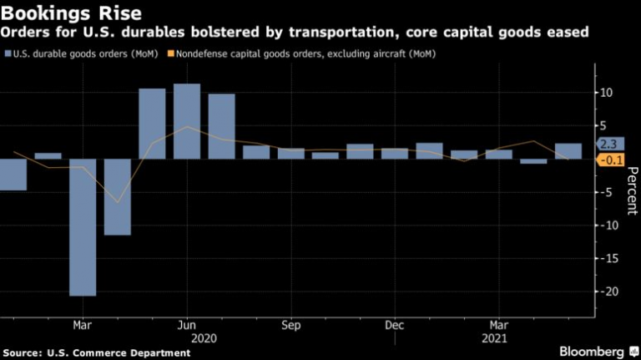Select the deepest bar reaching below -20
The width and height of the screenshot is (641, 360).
83,226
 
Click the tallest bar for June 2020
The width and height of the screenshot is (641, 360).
187,121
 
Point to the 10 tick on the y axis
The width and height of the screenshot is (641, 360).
611,93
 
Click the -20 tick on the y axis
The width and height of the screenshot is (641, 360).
611,292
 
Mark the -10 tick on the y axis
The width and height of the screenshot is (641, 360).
611,226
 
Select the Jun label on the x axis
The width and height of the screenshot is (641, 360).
187,325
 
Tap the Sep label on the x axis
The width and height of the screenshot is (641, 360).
291,325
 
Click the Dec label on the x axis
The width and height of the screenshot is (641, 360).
395,325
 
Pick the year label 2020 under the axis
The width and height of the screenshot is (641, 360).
204,339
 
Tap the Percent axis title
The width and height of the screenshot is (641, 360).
632,191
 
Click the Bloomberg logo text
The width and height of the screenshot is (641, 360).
593,351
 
